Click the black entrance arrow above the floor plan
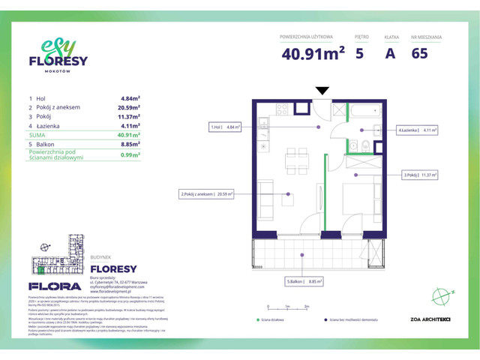coord(322,91)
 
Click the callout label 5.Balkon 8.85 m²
coord(304,281)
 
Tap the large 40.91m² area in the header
coord(313,53)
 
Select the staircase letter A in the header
coord(390,53)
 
